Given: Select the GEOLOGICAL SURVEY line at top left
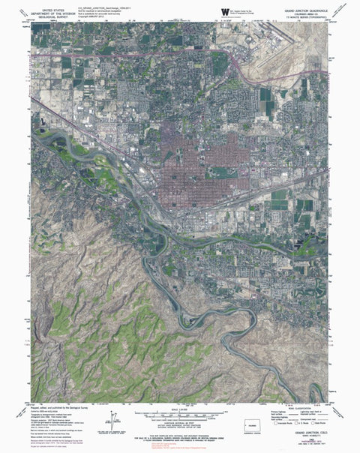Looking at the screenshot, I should click(55, 13).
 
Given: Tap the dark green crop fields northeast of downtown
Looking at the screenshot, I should click(267, 102).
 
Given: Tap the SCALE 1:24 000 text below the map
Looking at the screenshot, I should click(180, 409).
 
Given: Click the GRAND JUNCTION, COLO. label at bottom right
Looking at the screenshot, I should click(304, 434).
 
